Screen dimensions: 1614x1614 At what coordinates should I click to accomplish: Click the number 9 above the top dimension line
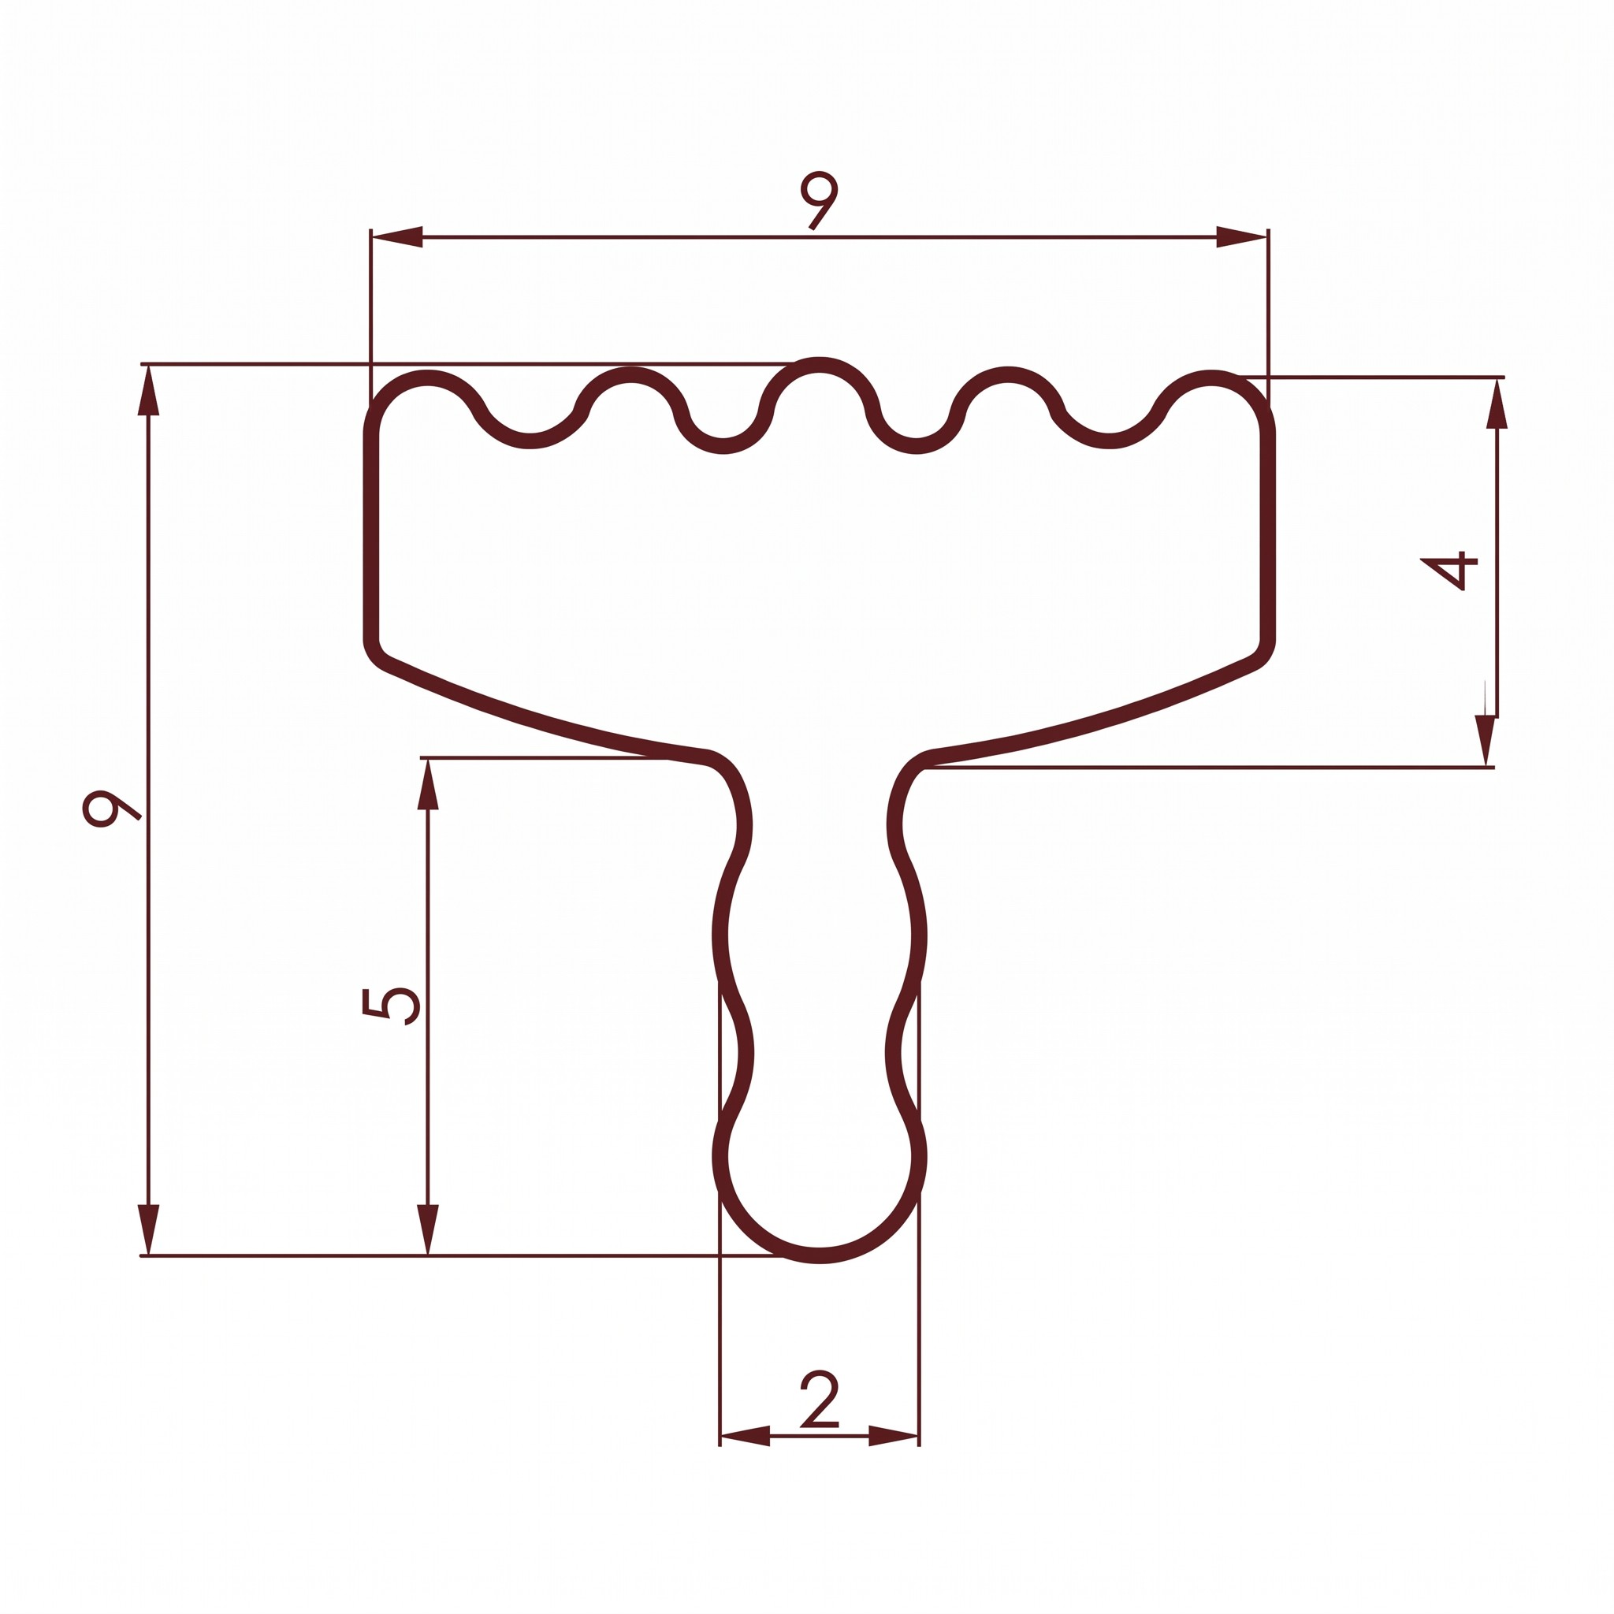pyautogui.click(x=818, y=199)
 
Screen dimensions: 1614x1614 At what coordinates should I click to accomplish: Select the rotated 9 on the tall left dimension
pyautogui.click(x=111, y=808)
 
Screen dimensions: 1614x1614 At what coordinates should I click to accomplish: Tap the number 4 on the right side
pyautogui.click(x=1449, y=570)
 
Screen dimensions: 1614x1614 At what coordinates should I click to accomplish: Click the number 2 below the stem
pyautogui.click(x=819, y=1400)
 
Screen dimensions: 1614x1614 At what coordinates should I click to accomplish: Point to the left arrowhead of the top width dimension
pyautogui.click(x=397, y=237)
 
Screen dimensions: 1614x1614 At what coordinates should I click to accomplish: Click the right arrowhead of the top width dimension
pyautogui.click(x=1241, y=237)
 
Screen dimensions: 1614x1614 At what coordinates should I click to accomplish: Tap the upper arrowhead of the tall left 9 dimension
pyautogui.click(x=149, y=390)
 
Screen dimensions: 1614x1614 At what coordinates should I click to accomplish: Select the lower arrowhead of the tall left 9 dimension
pyautogui.click(x=149, y=1229)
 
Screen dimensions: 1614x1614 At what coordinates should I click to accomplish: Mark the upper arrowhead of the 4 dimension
pyautogui.click(x=1497, y=403)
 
